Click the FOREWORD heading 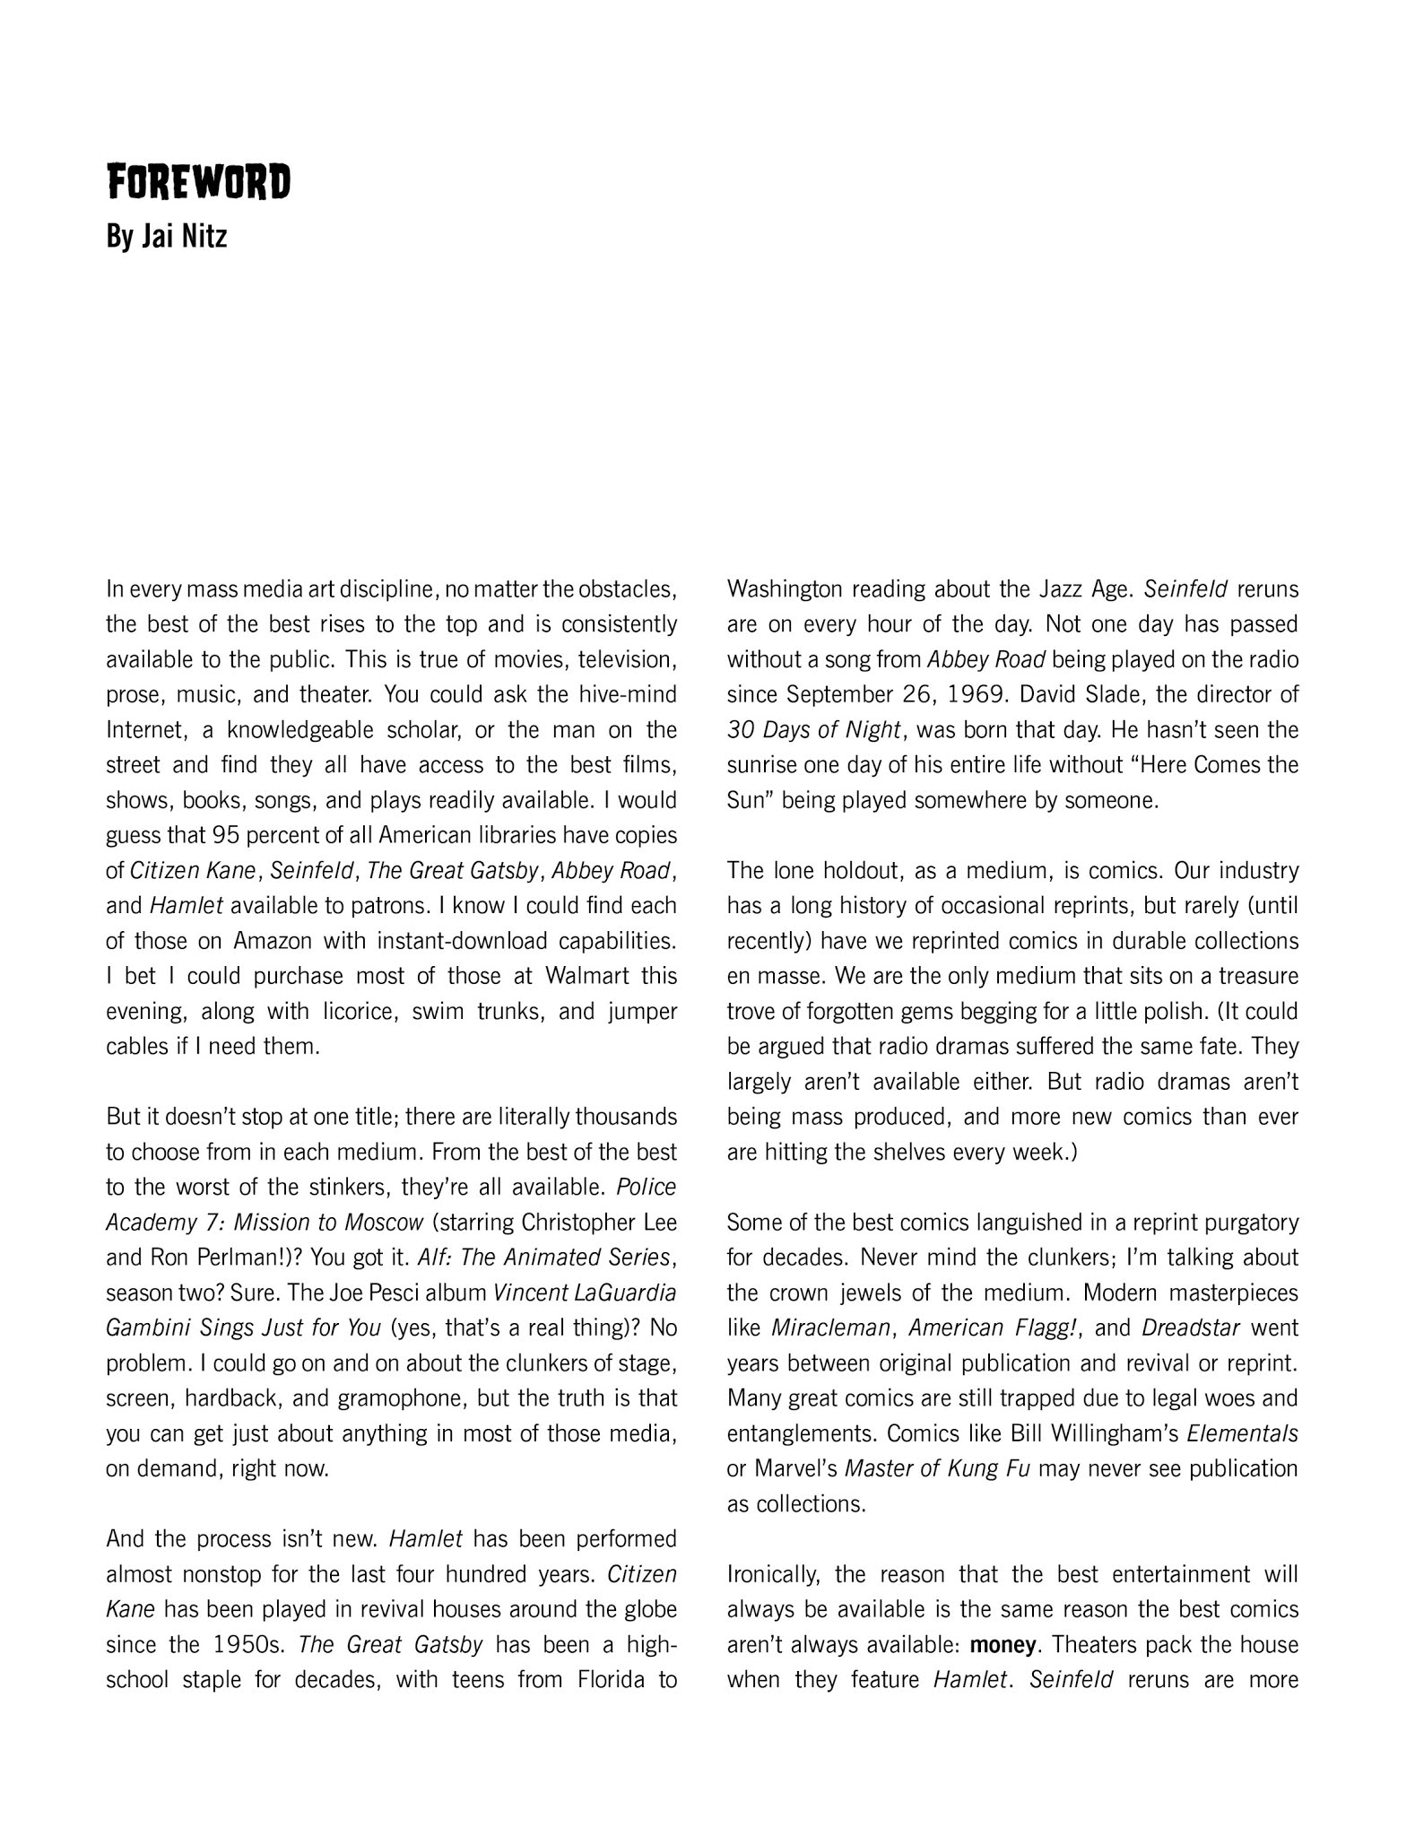point(198,182)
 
